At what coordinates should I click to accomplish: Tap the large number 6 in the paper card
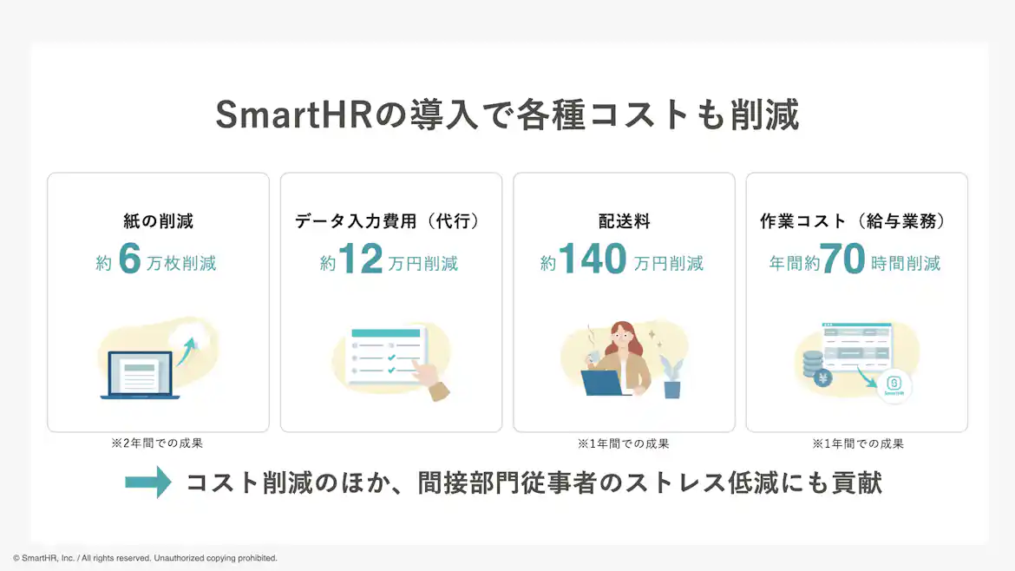(x=128, y=259)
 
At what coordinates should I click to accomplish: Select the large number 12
(x=360, y=259)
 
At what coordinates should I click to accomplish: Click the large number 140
(x=593, y=259)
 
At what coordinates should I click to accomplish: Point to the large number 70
(x=842, y=259)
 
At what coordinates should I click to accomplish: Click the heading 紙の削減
(x=158, y=221)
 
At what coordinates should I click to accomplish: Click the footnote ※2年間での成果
(x=157, y=443)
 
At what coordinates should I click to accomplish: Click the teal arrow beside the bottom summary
(x=148, y=482)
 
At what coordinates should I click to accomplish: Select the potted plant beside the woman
(x=671, y=378)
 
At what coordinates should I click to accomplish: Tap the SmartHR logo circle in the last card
(x=894, y=386)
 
